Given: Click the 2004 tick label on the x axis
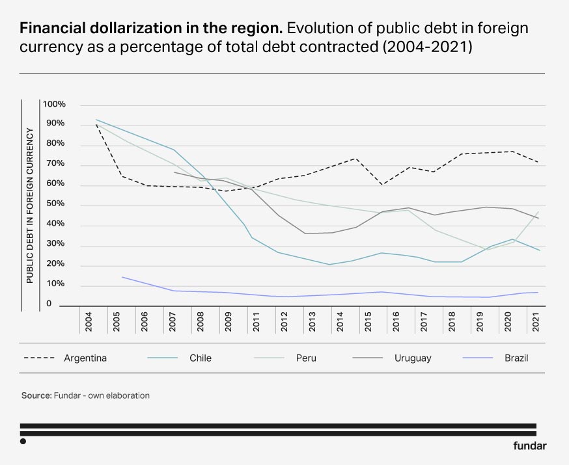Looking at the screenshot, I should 89,323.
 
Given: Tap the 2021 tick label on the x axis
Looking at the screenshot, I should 535,323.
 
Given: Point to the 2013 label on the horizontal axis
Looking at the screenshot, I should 312,323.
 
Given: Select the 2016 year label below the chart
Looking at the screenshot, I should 396,323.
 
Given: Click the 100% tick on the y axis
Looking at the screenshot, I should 54,104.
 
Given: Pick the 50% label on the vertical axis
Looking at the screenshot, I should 54,204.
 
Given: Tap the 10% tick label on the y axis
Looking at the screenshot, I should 54,285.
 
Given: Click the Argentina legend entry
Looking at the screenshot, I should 85,358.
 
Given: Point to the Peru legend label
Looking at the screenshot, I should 305,358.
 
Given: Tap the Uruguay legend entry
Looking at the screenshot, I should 413,358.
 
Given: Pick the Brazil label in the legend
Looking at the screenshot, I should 516,358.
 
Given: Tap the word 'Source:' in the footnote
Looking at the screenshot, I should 36,395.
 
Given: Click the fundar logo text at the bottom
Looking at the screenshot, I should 529,445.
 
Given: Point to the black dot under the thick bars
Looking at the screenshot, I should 23,441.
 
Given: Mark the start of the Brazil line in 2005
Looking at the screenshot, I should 122,276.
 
